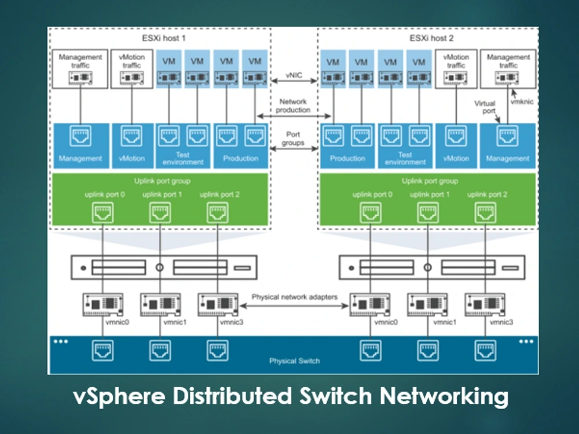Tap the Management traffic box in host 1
[x=80, y=69]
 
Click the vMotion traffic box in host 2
[x=456, y=69]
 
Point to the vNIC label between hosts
[x=293, y=76]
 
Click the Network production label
[x=293, y=105]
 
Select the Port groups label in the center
[x=293, y=138]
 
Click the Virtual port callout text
[x=485, y=108]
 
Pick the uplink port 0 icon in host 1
[x=102, y=213]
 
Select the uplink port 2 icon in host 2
[x=485, y=213]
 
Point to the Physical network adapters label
[x=294, y=297]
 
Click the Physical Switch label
[x=294, y=361]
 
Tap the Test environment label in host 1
[x=182, y=159]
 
